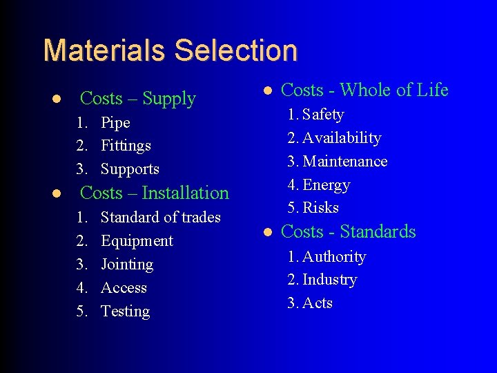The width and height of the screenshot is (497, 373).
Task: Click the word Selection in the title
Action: [236, 51]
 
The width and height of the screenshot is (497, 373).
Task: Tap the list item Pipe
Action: [115, 123]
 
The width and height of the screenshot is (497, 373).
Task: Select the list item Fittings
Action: [126, 146]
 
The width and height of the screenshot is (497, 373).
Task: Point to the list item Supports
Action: [130, 169]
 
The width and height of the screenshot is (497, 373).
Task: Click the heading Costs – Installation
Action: [155, 193]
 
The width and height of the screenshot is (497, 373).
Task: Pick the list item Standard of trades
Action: [160, 218]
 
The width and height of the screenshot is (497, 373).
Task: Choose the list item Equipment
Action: [137, 241]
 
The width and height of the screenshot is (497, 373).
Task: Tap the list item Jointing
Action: [127, 265]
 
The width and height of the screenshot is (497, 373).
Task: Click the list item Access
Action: [124, 288]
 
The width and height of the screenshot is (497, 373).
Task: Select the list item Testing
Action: [125, 312]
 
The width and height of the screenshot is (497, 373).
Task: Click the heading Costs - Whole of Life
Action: [364, 90]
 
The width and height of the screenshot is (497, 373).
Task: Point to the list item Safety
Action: [323, 115]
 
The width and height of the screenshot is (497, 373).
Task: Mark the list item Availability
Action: [342, 138]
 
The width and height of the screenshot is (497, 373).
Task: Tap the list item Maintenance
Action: [345, 162]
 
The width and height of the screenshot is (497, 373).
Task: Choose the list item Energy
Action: [327, 185]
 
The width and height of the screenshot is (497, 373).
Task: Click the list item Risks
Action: [321, 208]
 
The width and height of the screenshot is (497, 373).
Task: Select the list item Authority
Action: [334, 257]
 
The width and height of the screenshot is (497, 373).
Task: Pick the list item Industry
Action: [329, 280]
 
